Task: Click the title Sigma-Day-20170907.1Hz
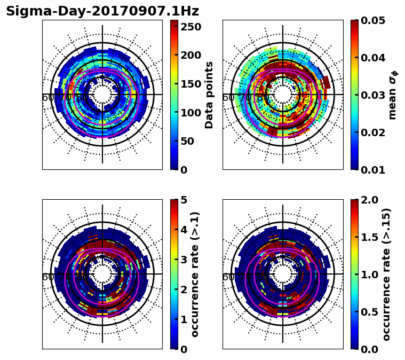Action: (x=102, y=11)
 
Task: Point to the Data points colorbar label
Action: (x=209, y=95)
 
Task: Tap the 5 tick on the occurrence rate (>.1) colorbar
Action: (x=184, y=200)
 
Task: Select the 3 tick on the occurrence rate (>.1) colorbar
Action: (x=184, y=260)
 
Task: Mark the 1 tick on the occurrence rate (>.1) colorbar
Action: (x=184, y=319)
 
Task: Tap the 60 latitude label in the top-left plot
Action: (x=47, y=98)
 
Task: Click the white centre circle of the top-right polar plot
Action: (x=283, y=95)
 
